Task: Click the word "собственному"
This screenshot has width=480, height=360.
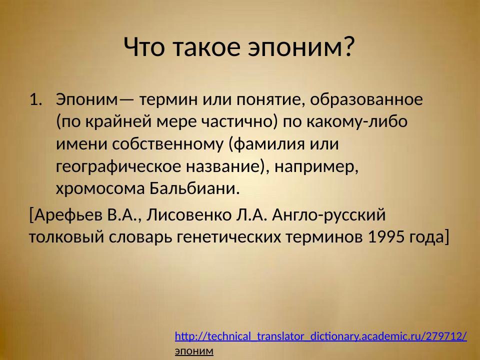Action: point(165,144)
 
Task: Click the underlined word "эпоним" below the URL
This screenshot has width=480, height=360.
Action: point(194,351)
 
